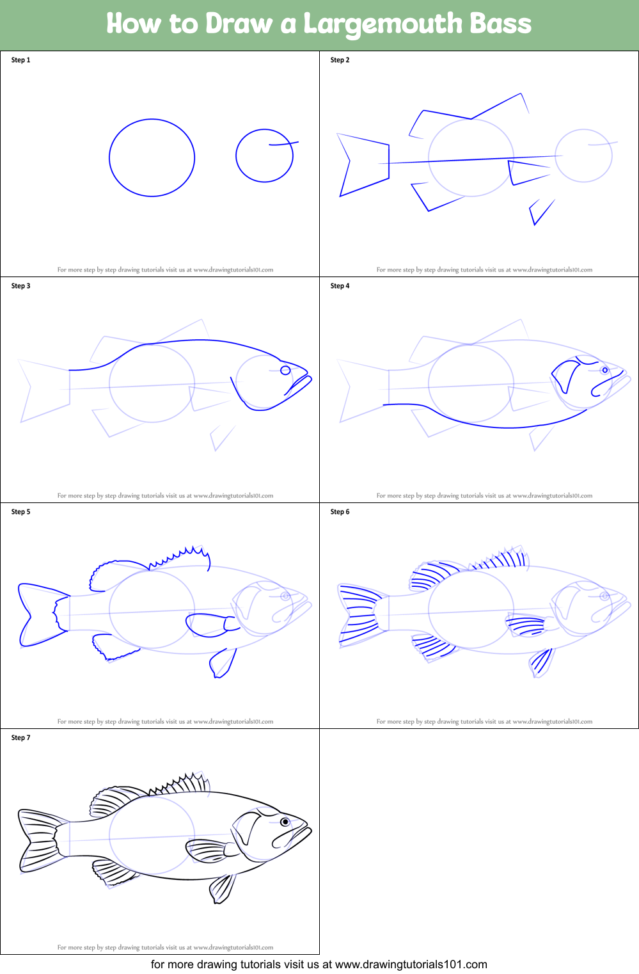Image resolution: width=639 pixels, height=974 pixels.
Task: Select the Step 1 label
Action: tap(21, 60)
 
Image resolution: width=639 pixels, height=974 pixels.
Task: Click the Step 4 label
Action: tap(340, 285)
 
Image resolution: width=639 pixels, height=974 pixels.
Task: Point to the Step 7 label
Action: tap(21, 737)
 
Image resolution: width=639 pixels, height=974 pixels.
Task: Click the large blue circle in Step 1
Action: tap(109, 157)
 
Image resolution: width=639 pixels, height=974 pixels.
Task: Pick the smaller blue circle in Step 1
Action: tap(237, 156)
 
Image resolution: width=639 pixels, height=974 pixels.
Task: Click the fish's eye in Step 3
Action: tap(285, 370)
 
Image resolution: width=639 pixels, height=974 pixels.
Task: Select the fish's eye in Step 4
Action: tap(604, 370)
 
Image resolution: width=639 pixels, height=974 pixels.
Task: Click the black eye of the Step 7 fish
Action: tap(285, 822)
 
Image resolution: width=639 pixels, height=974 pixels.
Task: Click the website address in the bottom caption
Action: tap(411, 964)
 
